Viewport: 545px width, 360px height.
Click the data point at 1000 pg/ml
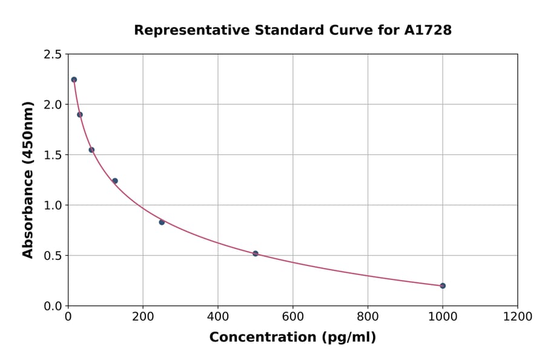pos(443,285)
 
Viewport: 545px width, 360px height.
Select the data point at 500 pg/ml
pos(256,253)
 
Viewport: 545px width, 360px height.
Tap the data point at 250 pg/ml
pos(162,222)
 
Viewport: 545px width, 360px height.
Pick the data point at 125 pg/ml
pos(115,181)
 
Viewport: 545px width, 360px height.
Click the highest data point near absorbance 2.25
pos(74,79)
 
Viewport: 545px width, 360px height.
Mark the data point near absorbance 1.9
pos(80,115)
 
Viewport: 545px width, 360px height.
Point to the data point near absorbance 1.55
pos(91,150)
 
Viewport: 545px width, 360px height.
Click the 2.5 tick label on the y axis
pos(52,55)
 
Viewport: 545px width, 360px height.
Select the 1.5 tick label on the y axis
pos(52,155)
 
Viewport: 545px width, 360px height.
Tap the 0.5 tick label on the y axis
pos(52,256)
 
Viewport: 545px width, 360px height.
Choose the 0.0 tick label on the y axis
pos(52,306)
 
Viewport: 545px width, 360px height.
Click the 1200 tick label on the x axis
pos(517,317)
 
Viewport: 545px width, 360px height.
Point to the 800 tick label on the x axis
pos(368,317)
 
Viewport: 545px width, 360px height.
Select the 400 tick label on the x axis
pos(218,317)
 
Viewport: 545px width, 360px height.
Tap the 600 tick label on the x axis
pos(292,317)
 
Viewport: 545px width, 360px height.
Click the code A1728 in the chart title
pos(428,30)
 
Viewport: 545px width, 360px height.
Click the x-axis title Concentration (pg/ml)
pos(292,338)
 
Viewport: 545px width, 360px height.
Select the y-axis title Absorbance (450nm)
pos(28,179)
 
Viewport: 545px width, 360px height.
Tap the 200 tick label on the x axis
pos(143,317)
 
